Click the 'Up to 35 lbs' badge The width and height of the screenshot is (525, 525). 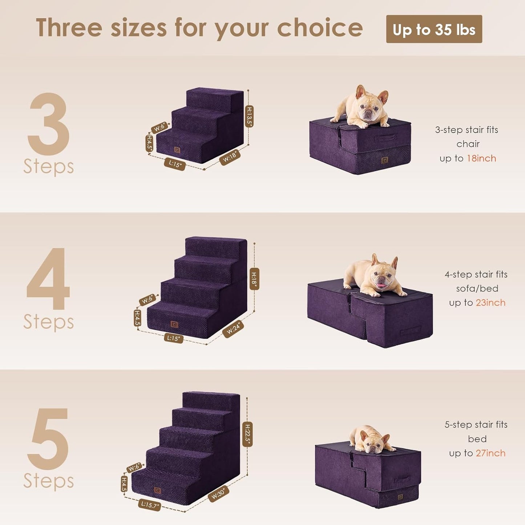click(x=434, y=29)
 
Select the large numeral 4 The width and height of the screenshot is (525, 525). click(x=48, y=279)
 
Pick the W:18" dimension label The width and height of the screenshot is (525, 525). click(x=230, y=157)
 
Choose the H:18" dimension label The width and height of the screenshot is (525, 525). click(x=254, y=279)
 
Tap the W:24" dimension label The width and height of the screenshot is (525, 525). click(x=233, y=329)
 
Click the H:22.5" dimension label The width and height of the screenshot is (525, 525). click(x=247, y=434)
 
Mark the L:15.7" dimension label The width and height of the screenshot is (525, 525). click(x=149, y=505)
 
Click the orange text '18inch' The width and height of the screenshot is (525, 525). click(x=481, y=158)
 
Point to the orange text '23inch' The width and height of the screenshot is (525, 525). click(x=490, y=303)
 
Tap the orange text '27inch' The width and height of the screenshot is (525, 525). click(x=490, y=453)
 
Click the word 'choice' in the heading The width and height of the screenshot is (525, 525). click(x=320, y=28)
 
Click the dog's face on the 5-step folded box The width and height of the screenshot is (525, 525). click(x=371, y=443)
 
